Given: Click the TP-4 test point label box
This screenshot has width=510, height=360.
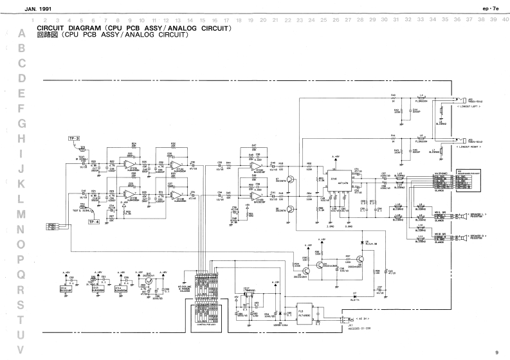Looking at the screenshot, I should (94, 221).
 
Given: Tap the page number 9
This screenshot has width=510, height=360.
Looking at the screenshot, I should (496, 352).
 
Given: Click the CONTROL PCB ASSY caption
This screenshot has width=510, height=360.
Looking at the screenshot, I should (207, 325).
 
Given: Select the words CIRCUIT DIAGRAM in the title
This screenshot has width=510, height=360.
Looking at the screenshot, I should (68, 28).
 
